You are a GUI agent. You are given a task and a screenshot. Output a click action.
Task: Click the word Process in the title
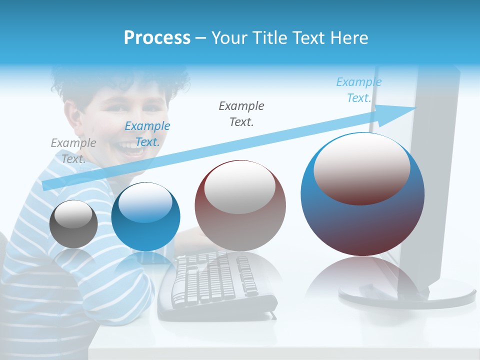coord(157,38)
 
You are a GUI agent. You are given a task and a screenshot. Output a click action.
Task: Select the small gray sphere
coord(73,224)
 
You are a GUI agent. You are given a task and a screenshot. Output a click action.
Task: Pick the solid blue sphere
coord(145,217)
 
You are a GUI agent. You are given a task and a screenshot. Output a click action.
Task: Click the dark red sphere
coord(240,206)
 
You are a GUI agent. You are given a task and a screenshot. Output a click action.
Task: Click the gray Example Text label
coord(73,150)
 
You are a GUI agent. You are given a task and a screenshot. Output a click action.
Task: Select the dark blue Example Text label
coord(147,134)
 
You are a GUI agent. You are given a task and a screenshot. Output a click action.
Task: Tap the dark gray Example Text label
coord(241,113)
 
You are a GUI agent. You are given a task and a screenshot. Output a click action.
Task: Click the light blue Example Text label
coord(358,90)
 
